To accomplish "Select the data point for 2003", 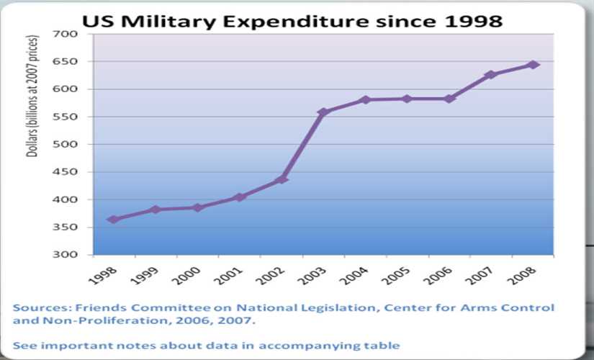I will [323, 112].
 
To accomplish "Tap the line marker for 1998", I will [113, 219].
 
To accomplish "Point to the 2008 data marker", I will [534, 65].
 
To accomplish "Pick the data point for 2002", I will [282, 179].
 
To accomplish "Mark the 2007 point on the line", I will [491, 75].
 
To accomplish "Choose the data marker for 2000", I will [197, 207].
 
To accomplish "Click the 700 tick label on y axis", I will [66, 35].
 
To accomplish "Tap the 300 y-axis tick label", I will [66, 255].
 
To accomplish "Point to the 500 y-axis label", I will [66, 145].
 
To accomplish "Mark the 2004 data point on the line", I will [365, 99].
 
